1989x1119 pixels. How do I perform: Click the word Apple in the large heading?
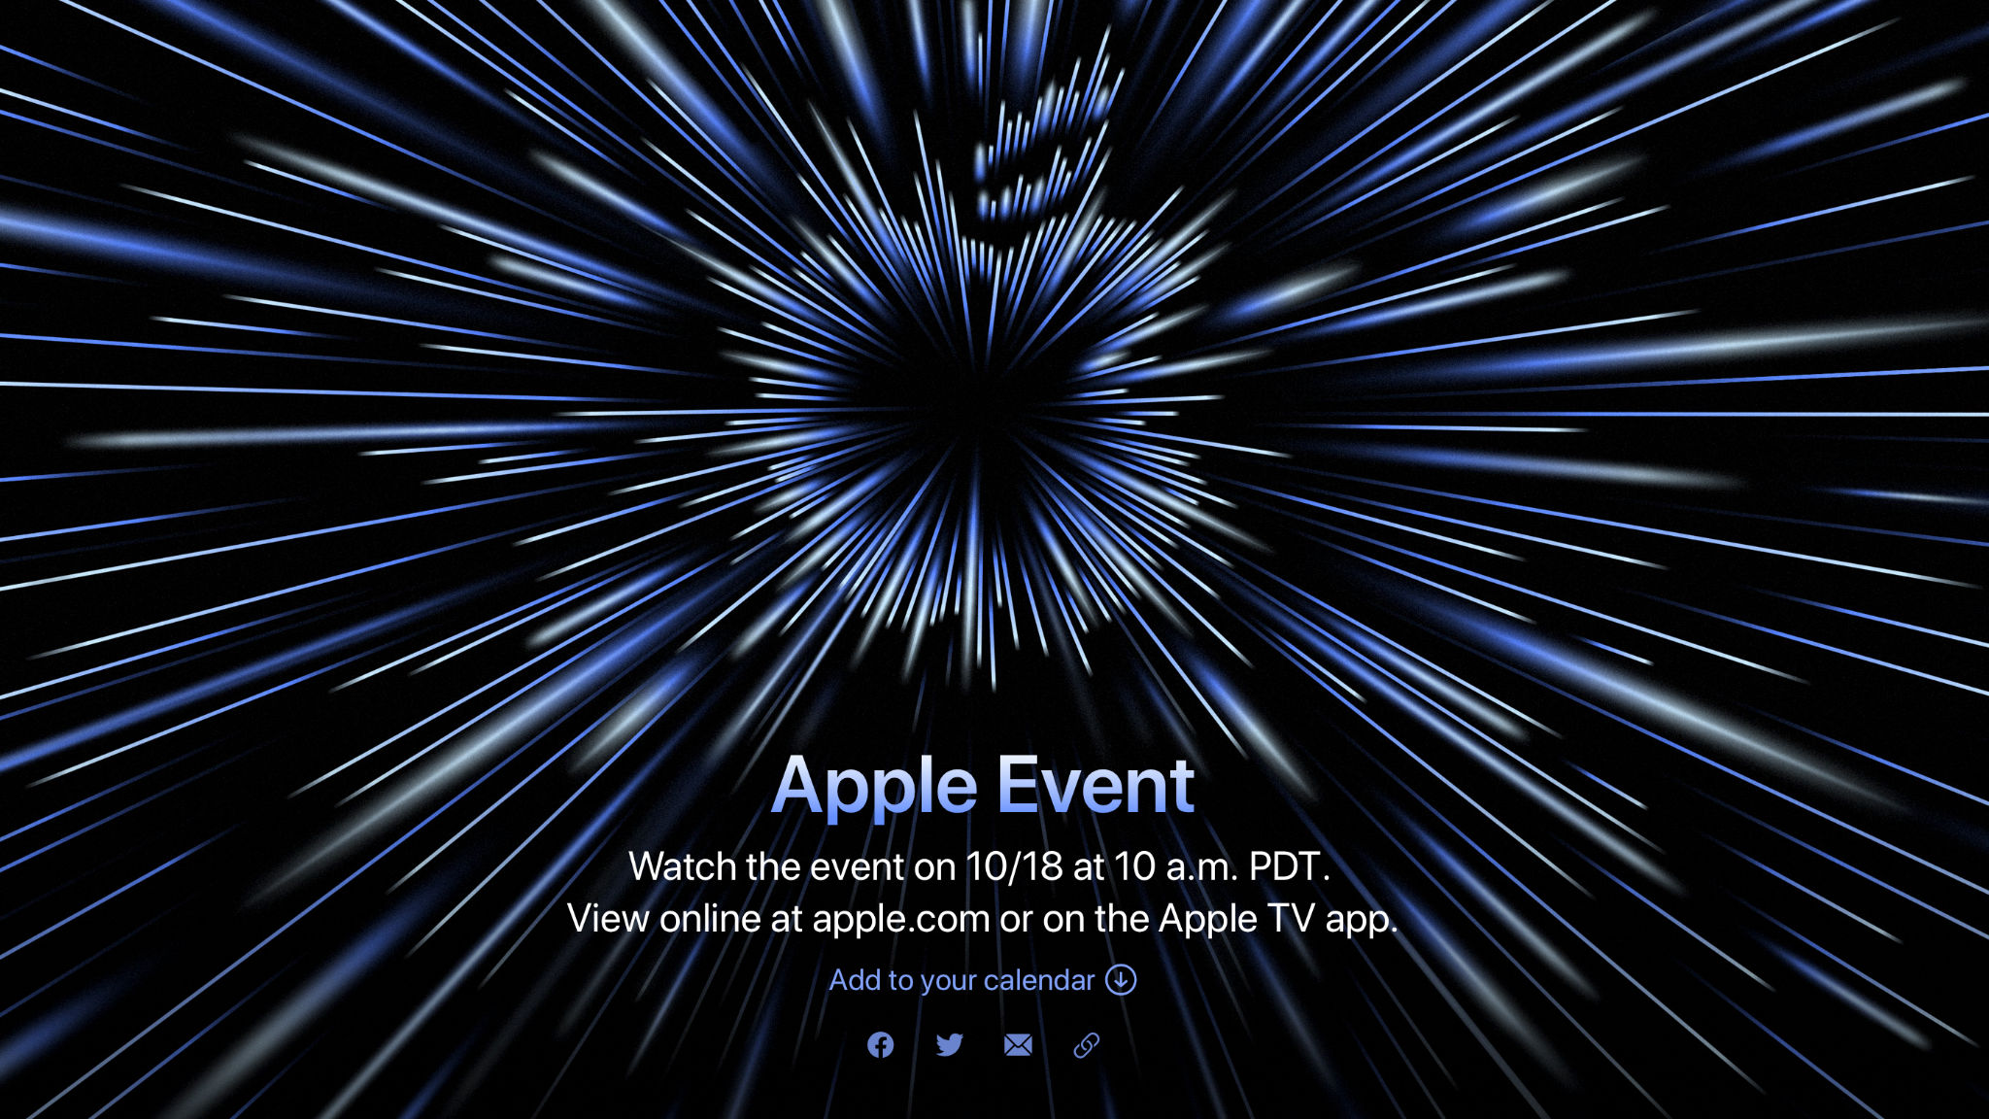coord(874,788)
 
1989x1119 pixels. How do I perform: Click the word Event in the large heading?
coord(1096,785)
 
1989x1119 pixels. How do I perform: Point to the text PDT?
coord(1288,866)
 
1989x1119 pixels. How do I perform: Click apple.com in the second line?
coord(901,919)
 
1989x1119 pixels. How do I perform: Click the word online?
coord(709,919)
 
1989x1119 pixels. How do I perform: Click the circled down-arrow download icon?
coord(1121,980)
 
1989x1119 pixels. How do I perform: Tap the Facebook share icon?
coord(881,1045)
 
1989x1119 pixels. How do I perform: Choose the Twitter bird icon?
coord(950,1045)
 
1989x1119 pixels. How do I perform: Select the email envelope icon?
coord(1018,1045)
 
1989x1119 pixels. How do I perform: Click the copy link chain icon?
coord(1086,1045)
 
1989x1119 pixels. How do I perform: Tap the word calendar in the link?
coord(1039,980)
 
